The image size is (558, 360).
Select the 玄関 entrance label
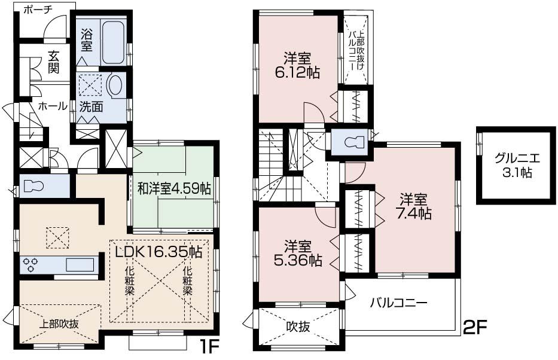click(x=54, y=62)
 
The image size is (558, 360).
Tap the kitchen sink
click(x=78, y=264)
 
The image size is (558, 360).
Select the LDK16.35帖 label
click(x=158, y=251)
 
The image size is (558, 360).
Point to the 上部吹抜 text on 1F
click(x=60, y=324)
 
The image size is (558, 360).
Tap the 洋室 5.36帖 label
click(x=297, y=253)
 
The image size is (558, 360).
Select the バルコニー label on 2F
click(x=398, y=303)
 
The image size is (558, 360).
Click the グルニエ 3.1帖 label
click(x=517, y=165)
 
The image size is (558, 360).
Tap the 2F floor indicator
click(x=476, y=327)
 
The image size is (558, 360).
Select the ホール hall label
click(x=53, y=106)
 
